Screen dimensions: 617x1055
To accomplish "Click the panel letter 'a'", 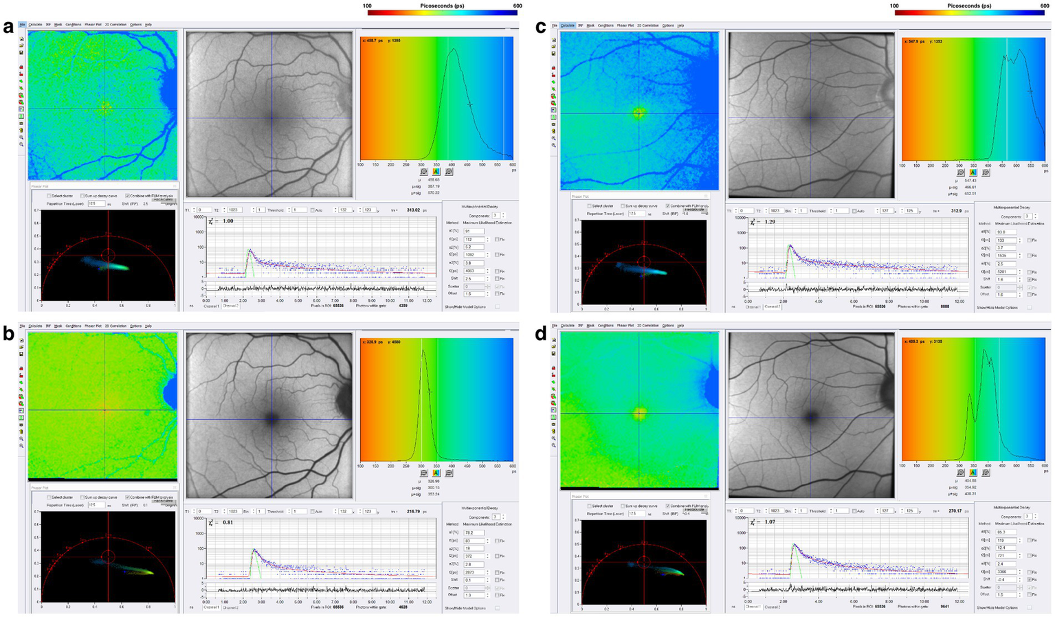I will click(x=8, y=27).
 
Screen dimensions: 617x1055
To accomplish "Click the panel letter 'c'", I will click(x=541, y=27).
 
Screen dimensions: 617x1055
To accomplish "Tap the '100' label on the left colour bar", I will click(x=368, y=5).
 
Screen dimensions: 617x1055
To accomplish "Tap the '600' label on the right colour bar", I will click(x=1044, y=5).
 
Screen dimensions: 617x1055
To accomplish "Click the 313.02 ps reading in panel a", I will click(x=417, y=210).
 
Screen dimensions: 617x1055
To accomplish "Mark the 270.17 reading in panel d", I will click(x=957, y=511).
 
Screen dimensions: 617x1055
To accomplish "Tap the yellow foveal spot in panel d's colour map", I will click(x=640, y=414).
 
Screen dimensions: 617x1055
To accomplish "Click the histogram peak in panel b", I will click(x=423, y=352).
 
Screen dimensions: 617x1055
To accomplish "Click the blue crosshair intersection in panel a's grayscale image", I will click(x=271, y=118).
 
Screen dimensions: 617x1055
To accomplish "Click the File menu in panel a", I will click(x=23, y=25).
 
